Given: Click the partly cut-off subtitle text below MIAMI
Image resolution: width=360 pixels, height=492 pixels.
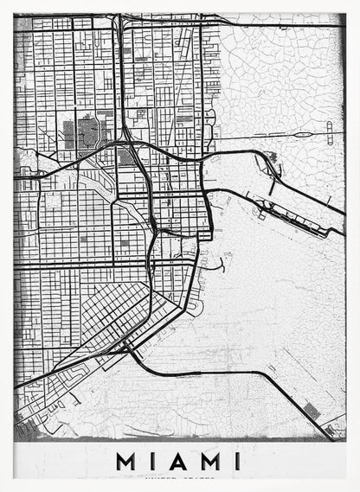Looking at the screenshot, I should (180, 476).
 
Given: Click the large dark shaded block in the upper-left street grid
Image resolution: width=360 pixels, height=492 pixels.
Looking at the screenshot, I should (85, 134).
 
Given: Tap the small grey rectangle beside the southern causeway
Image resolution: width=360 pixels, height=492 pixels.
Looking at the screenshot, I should (313, 412).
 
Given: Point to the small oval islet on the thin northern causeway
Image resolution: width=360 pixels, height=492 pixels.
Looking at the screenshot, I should (302, 134).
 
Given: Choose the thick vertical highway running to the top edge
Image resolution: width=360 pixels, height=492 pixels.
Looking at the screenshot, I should (119, 69).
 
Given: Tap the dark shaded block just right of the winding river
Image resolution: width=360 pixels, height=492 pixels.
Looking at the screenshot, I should (126, 158).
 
